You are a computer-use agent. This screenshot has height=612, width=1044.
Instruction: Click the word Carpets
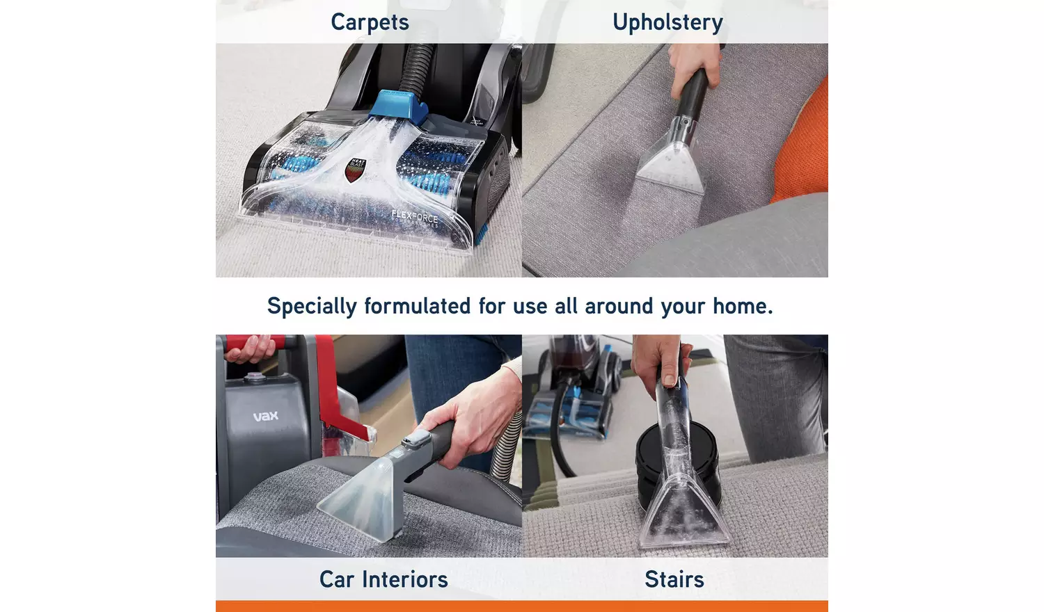[x=370, y=22]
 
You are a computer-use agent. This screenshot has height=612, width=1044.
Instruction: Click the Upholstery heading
[x=667, y=22]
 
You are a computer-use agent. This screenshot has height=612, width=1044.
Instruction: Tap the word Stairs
[x=674, y=579]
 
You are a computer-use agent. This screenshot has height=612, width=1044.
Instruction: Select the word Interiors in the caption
[x=404, y=579]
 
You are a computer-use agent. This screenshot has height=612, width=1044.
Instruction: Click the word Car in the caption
[x=336, y=579]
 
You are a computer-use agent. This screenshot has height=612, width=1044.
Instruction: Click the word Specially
[x=312, y=306]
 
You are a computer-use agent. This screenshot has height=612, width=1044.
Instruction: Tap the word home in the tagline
[x=742, y=306]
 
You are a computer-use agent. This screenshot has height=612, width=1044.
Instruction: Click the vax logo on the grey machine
[x=265, y=416]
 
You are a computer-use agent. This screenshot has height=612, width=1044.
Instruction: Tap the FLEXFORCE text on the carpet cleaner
[x=415, y=217]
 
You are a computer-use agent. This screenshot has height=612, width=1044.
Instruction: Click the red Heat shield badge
[x=356, y=170]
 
